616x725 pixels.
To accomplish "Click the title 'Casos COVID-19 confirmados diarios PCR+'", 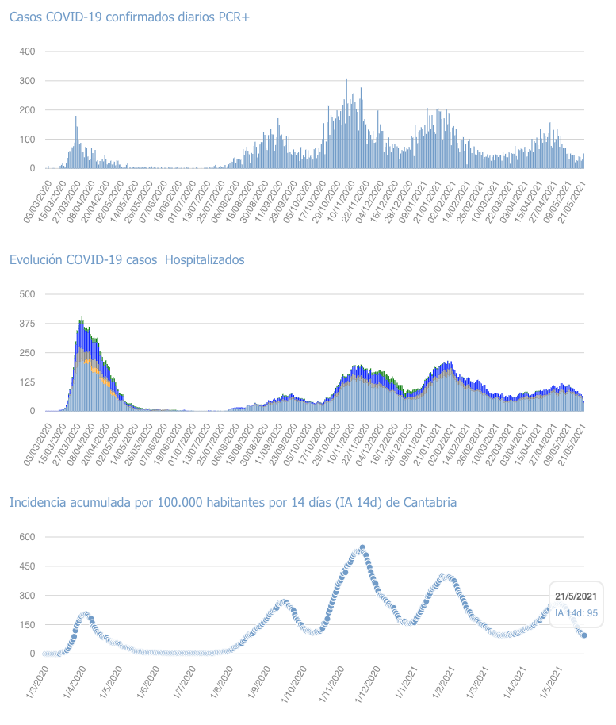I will [x=128, y=17].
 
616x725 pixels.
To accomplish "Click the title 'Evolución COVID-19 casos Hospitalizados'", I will [x=127, y=259].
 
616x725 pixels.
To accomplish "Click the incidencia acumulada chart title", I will [x=232, y=502].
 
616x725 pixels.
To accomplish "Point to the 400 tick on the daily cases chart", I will [x=27, y=52].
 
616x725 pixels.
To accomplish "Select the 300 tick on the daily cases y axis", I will [x=27, y=81].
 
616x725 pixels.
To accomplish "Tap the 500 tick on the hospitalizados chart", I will [x=27, y=294].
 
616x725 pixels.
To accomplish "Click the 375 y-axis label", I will [x=27, y=324].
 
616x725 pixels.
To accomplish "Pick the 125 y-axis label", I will [x=27, y=382].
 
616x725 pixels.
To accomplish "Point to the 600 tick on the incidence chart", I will [x=27, y=537].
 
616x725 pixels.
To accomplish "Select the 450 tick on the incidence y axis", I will [x=27, y=566].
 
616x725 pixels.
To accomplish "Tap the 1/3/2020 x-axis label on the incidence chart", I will [x=33, y=685].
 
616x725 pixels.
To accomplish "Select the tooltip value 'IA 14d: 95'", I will [x=576, y=612].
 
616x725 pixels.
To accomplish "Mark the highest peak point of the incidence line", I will [x=362, y=547].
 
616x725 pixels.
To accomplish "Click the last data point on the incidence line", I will [x=584, y=635].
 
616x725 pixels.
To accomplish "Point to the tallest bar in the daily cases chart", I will [x=346, y=80].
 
